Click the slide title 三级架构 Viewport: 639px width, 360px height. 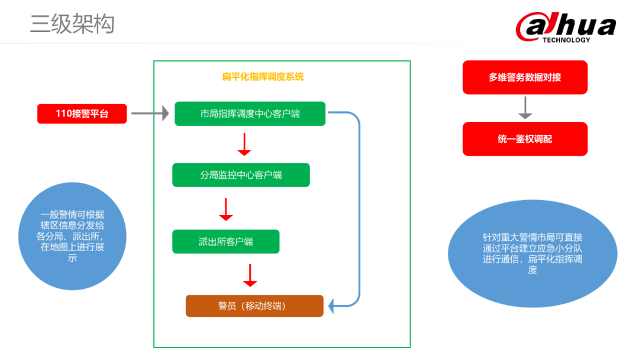(72, 24)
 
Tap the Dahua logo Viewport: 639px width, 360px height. (566, 27)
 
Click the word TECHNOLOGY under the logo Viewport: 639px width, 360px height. (566, 40)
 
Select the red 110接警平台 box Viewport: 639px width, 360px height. (82, 114)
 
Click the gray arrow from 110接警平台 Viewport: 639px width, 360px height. (150, 113)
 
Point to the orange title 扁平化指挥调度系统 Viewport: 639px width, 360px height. (263, 76)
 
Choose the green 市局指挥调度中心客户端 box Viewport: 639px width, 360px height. (250, 114)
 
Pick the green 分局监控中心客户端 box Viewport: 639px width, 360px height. (241, 175)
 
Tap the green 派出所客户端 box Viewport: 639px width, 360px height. (225, 242)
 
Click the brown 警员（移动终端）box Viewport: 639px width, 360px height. (254, 306)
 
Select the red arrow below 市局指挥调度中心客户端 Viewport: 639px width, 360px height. (244, 144)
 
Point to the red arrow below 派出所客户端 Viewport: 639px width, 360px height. (250, 275)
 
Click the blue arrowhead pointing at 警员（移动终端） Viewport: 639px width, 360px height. (333, 306)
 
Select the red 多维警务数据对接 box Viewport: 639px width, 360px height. (525, 78)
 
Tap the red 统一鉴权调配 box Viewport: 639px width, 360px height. (525, 139)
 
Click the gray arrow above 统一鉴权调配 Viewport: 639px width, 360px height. (525, 108)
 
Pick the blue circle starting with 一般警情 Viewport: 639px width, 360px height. (73, 236)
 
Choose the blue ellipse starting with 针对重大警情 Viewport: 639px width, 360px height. (532, 253)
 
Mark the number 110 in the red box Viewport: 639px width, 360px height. (64, 114)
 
